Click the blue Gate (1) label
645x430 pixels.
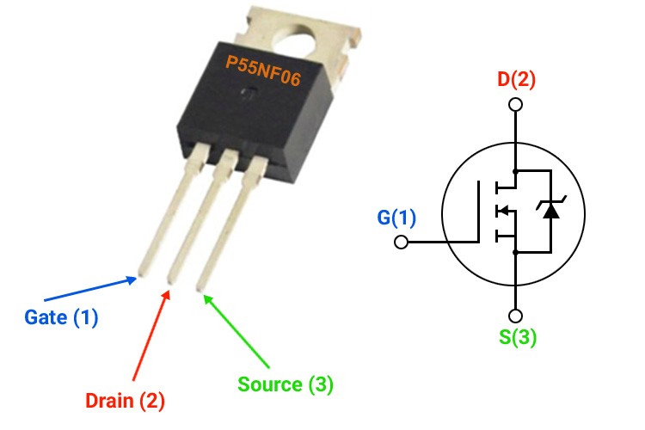(61, 317)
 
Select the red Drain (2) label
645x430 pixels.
(125, 400)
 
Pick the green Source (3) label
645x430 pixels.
(286, 384)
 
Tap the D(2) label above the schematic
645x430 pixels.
(516, 81)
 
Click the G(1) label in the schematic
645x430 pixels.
(396, 218)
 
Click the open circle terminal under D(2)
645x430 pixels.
(516, 106)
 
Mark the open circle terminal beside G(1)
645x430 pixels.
(401, 242)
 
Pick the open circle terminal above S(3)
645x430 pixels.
(516, 315)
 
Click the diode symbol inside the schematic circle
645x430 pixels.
(550, 209)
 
